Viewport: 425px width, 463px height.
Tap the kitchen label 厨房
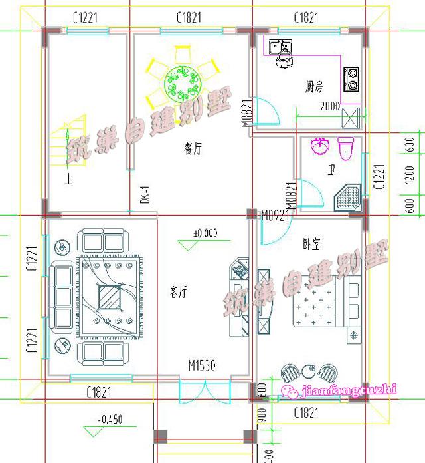[314, 86]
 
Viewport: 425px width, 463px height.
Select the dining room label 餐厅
[193, 150]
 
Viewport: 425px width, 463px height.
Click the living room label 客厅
[177, 291]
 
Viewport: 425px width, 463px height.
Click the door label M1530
[203, 365]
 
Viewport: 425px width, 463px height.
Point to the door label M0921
[276, 216]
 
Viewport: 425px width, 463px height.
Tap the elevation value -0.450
[110, 420]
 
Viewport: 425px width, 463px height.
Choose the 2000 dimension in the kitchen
[330, 106]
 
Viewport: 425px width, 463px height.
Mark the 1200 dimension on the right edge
[410, 174]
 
